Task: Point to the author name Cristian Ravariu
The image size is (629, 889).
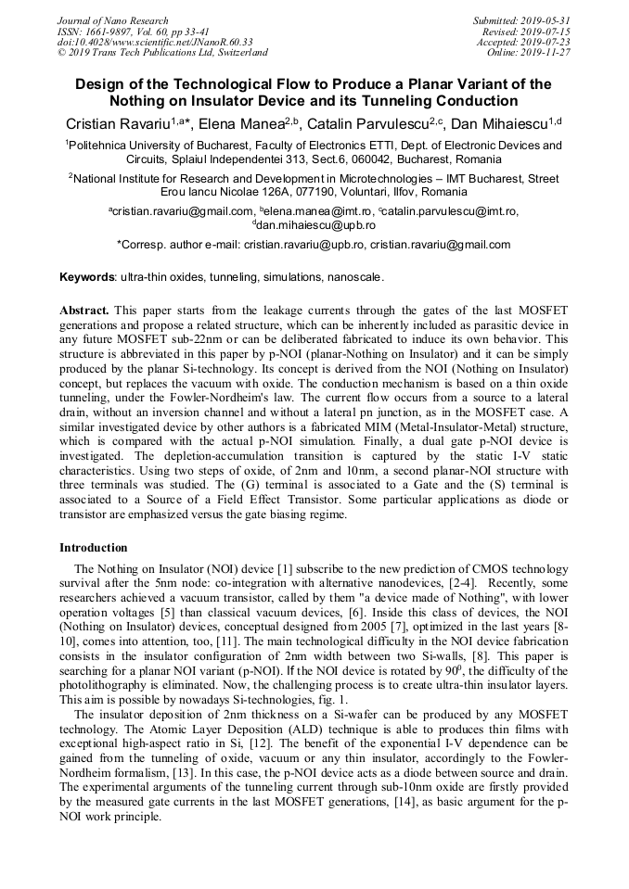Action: [117, 122]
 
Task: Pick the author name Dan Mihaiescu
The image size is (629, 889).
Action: [498, 122]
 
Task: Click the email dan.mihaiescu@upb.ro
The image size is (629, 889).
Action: [316, 225]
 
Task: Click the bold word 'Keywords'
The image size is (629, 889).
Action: [87, 277]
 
